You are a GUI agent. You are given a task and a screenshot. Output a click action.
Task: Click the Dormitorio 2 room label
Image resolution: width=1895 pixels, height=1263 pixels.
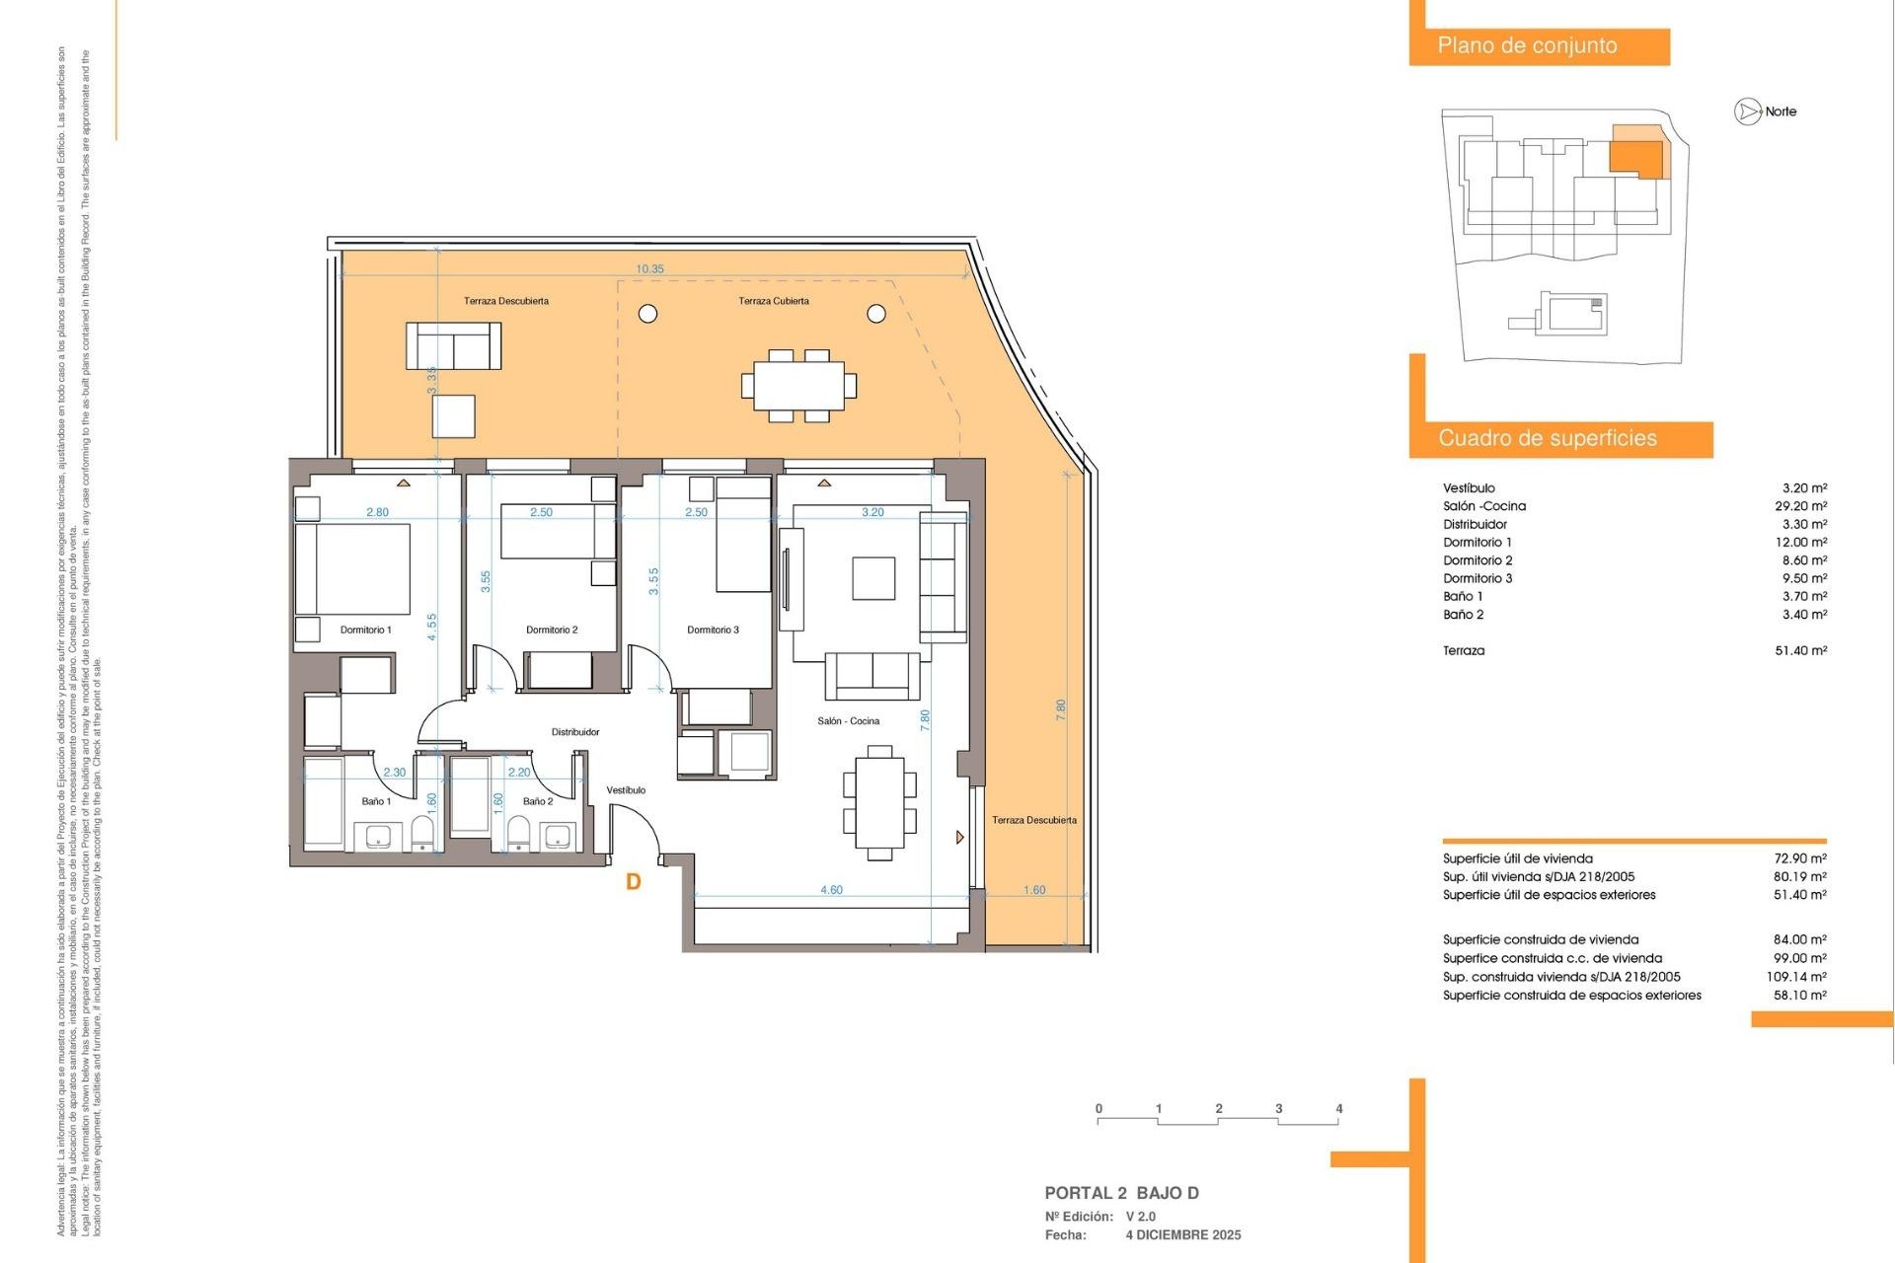(552, 630)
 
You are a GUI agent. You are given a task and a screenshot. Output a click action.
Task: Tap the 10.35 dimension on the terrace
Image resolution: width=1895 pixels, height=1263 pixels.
(649, 268)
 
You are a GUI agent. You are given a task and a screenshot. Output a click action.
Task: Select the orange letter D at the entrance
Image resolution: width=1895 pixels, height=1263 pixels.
(634, 882)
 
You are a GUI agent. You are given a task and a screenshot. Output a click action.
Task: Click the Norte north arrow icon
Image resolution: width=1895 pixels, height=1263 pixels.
(1747, 111)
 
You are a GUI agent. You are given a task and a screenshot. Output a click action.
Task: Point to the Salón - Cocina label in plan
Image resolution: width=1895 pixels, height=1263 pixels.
(848, 721)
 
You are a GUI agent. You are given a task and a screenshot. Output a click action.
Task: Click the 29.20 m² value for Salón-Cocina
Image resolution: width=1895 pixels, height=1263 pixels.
(1800, 506)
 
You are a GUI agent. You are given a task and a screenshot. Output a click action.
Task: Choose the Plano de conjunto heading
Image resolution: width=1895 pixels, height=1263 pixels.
(1527, 45)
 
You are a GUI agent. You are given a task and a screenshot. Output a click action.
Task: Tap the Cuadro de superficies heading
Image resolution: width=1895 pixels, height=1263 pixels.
(1547, 438)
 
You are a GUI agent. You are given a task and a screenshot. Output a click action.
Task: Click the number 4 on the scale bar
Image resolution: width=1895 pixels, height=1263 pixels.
(1338, 1108)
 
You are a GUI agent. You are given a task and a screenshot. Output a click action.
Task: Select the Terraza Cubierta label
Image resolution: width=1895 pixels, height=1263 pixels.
(774, 301)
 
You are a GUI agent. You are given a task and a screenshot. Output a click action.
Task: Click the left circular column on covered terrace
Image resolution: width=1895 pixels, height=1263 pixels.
(648, 314)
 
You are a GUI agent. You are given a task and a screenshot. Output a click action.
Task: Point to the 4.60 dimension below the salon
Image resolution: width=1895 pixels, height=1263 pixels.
(831, 890)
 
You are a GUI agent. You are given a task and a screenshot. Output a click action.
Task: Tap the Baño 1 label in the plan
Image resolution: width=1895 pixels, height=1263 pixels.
(376, 801)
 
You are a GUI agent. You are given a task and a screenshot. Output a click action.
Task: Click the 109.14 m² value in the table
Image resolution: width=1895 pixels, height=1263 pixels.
(1795, 977)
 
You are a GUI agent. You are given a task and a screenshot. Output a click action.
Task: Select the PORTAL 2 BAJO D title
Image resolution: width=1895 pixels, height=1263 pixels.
(1121, 1193)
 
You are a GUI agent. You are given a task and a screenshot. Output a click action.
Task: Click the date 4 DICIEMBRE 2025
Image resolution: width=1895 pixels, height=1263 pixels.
(1183, 1235)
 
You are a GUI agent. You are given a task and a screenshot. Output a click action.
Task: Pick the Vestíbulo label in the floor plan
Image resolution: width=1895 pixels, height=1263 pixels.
(626, 790)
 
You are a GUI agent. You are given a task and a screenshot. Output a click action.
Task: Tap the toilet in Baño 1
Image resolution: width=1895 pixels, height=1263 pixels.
(422, 835)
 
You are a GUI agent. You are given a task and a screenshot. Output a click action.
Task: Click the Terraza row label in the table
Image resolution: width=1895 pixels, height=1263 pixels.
(1463, 650)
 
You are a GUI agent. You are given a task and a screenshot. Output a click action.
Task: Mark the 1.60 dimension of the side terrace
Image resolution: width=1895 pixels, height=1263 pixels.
(1033, 890)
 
